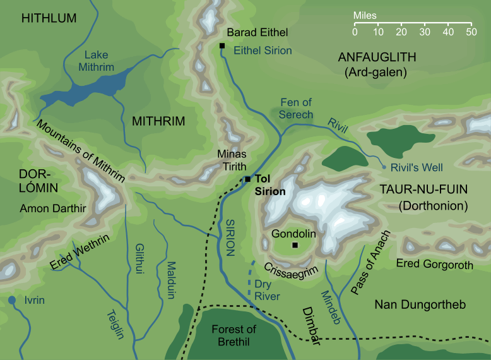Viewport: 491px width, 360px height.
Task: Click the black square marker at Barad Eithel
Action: tap(222, 45)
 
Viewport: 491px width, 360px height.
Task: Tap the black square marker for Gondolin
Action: tap(294, 245)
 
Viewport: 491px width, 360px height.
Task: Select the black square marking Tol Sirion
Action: tap(248, 179)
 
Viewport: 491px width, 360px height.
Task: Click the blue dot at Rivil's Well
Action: tap(383, 167)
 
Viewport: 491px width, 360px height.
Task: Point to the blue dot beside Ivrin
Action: tap(11, 300)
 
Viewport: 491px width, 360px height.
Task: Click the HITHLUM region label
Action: tap(49, 19)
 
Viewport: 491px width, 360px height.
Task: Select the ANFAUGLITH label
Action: tap(377, 57)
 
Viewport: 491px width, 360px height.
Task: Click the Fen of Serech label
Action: tap(295, 108)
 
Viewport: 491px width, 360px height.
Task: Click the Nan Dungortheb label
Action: tap(420, 305)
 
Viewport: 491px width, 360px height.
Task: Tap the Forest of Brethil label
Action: tap(234, 335)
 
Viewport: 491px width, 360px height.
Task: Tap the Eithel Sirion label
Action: tap(263, 51)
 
